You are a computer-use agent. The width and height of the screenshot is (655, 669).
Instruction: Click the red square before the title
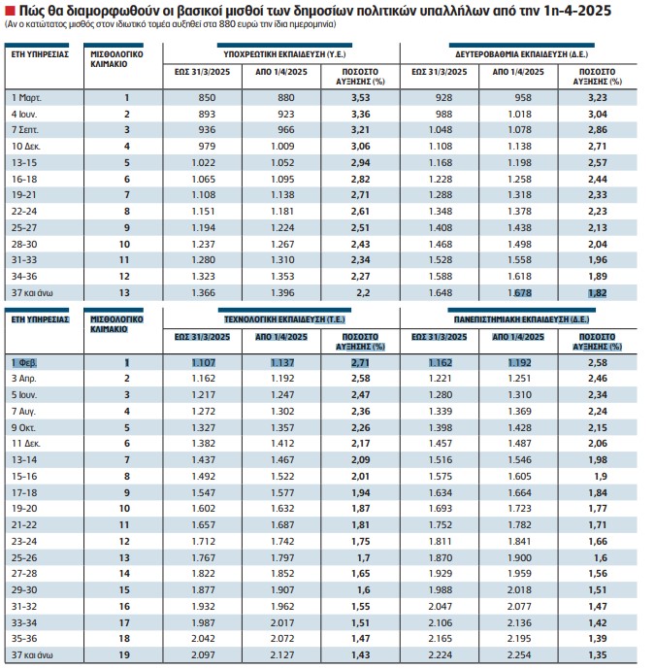[x=11, y=11]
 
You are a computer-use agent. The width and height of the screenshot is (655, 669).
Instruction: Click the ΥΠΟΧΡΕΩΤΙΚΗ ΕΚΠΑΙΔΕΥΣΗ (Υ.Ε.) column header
[x=284, y=54]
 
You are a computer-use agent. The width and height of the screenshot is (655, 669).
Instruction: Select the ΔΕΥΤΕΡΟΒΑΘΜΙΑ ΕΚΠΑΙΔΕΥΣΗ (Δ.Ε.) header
[x=521, y=54]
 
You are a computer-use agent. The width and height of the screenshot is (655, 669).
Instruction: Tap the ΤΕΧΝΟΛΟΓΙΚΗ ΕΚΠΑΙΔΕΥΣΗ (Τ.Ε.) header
[x=284, y=319]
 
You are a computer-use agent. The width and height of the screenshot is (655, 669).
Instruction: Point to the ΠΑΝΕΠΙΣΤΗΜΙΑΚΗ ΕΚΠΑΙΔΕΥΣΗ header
[x=521, y=319]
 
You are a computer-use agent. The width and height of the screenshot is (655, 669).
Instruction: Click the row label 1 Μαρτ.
[x=26, y=98]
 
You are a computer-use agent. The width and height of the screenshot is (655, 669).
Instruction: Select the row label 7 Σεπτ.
[x=24, y=130]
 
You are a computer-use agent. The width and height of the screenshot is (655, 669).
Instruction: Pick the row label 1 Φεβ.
[x=24, y=363]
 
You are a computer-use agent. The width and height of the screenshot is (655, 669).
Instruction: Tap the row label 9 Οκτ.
[x=23, y=427]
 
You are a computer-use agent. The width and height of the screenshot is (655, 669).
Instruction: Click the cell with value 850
[x=207, y=98]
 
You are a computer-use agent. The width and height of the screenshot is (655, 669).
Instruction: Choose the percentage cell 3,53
[x=360, y=98]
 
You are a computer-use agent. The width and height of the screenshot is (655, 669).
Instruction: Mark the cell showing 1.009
[x=282, y=147]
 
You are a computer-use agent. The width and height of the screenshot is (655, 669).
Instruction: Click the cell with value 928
[x=443, y=98]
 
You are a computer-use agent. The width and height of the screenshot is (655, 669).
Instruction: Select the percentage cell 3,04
[x=598, y=114]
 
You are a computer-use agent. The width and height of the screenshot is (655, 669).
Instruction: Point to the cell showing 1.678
[x=519, y=293]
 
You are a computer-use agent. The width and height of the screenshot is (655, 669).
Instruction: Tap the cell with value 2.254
[x=519, y=654]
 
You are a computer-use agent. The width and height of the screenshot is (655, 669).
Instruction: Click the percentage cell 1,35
[x=598, y=654]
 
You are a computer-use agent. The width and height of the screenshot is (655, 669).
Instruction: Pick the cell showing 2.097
[x=204, y=654]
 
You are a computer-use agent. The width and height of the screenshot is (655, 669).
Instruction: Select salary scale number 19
[x=124, y=654]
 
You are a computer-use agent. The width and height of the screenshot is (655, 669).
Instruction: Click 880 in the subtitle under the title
[x=226, y=24]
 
